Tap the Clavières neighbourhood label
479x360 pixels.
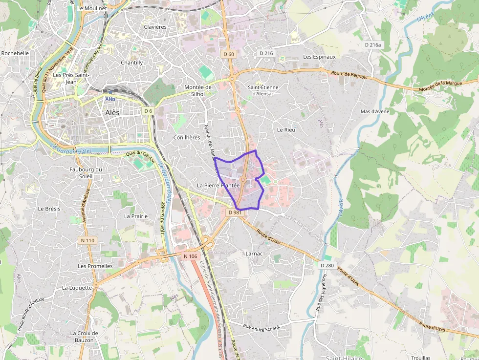coord(155,27)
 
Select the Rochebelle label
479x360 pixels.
coord(15,53)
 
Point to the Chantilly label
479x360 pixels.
coord(132,63)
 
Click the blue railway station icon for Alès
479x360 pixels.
coord(110,91)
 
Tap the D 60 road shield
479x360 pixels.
coord(229,54)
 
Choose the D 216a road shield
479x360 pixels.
coord(372,44)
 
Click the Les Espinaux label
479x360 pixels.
coord(319,57)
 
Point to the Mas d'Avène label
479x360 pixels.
coord(375,111)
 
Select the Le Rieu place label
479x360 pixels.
coord(286,130)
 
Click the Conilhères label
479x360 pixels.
coord(187,138)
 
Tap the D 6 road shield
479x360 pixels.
coord(149,111)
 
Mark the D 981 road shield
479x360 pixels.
coord(235,212)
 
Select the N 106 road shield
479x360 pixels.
coord(190,256)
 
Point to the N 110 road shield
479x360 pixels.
coord(88,240)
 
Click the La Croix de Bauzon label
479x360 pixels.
coord(84,337)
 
